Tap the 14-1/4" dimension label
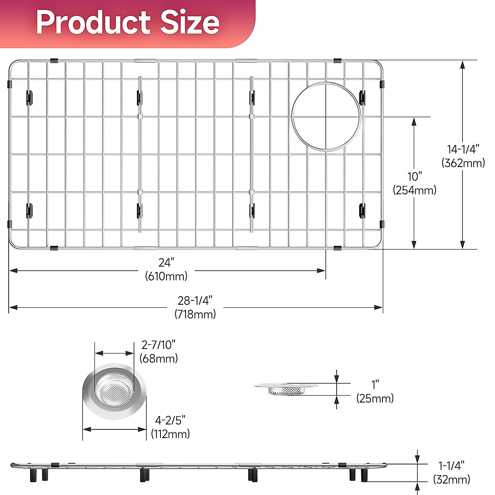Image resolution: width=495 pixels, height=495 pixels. tap(463, 149)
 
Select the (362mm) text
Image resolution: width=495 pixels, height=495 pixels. tap(463, 163)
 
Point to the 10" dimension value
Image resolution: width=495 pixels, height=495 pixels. tap(415, 177)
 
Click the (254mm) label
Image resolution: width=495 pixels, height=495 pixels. tap(415, 190)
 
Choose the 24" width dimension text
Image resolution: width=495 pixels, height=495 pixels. tap(166, 262)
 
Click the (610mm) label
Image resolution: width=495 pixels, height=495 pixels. tap(166, 276)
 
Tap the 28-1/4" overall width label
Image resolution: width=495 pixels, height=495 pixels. tap(195, 300)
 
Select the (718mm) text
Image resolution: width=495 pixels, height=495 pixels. tap(195, 314)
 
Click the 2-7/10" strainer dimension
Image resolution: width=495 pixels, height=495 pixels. tap(159, 344)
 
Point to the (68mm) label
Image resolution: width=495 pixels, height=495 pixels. tap(159, 358)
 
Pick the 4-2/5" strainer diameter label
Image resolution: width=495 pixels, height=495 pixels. tap(170, 420)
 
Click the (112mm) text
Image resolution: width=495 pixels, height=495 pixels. tap(170, 434)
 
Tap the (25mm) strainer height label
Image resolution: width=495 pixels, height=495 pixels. tap(375, 398)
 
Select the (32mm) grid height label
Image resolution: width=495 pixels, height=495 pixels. tap(452, 479)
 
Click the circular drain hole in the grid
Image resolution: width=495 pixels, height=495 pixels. tap(326, 116)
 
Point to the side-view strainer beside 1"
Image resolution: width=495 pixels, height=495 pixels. tap(286, 388)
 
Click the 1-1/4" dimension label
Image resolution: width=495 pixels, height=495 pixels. tap(452, 466)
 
